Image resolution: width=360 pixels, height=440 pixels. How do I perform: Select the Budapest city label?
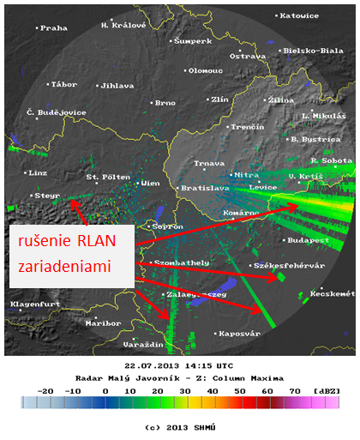(x=310, y=241)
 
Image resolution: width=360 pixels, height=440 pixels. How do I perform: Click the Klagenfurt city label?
(x=32, y=304)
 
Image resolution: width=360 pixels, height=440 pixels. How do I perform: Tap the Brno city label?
(x=165, y=103)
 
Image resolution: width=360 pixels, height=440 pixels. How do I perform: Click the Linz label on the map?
(x=39, y=172)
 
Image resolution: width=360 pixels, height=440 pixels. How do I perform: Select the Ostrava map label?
(x=249, y=56)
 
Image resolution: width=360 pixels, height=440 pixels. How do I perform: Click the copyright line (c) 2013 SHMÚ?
(x=178, y=426)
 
